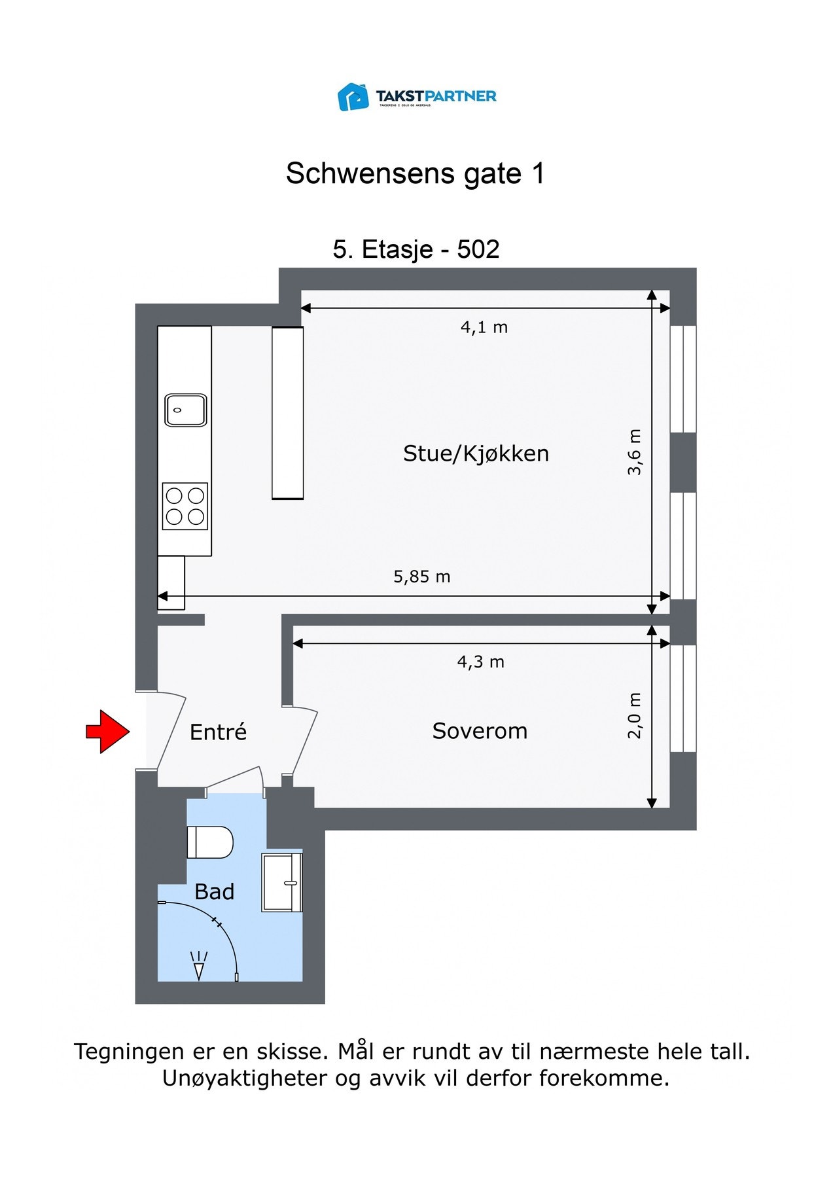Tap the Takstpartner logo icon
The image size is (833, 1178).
pos(353,97)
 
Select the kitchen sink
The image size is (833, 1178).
pos(185,410)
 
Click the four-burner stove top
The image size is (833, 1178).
pos(185,506)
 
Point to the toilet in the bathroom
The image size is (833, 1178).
pos(210,842)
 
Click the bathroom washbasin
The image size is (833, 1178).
pos(282,882)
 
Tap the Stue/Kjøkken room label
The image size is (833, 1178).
pos(476,454)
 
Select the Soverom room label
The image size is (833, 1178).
pos(480,731)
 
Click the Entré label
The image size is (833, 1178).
pos(218,732)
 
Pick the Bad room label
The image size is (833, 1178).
pos(215,891)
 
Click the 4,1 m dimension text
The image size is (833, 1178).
pos(484,327)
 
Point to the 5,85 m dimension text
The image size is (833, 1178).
pos(422,577)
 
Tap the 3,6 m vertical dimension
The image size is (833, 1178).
pos(635,452)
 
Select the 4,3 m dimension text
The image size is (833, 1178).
pos(481,662)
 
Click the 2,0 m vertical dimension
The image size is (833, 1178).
pos(635,715)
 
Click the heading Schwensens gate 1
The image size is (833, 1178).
pos(416,173)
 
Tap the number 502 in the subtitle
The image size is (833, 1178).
pos(478,249)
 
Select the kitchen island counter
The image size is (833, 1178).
pos(288,413)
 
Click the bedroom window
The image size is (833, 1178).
pos(683,699)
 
